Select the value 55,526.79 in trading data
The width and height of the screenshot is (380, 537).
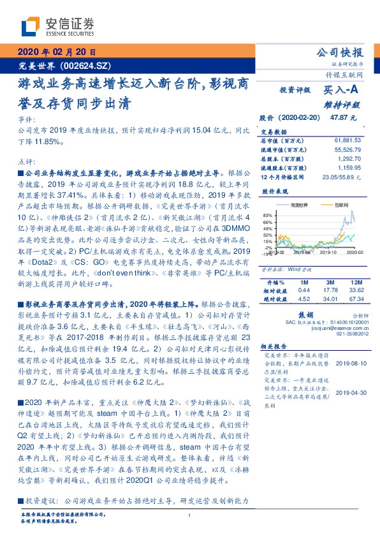click(348, 148)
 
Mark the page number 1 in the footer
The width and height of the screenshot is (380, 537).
click(190, 516)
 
